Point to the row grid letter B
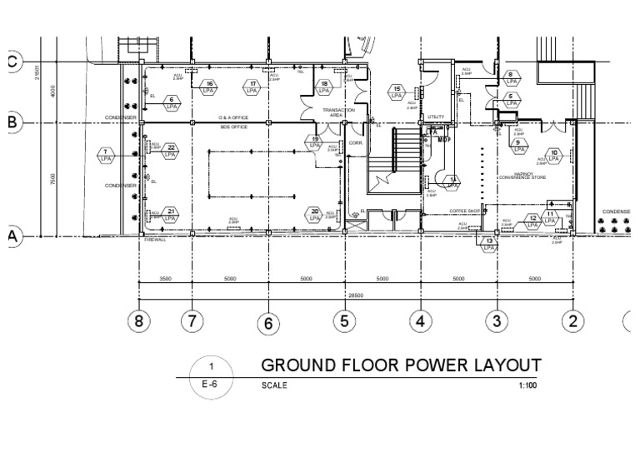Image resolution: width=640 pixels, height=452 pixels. click(x=12, y=122)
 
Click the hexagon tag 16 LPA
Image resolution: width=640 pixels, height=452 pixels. click(x=210, y=87)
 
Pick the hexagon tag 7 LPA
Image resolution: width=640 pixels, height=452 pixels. click(x=105, y=156)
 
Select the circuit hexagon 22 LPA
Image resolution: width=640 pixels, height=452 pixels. click(x=170, y=151)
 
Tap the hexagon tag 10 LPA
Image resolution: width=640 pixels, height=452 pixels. click(x=553, y=156)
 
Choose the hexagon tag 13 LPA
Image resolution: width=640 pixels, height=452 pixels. click(x=489, y=243)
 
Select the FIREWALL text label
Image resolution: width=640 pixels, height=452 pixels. click(x=155, y=240)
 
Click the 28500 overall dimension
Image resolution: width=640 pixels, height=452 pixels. click(x=356, y=295)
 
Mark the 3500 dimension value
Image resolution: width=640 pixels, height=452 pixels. click(x=166, y=279)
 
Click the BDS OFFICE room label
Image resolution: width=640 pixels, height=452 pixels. click(x=233, y=127)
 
